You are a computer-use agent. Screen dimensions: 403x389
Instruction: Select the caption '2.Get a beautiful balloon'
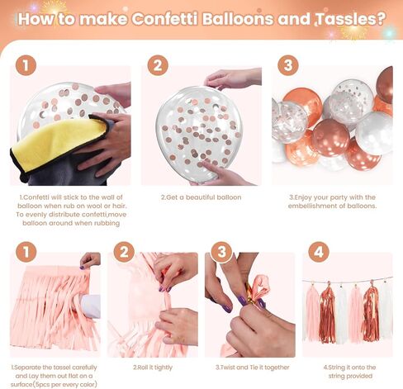[201, 197]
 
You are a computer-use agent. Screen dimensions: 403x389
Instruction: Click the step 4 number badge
[319, 252]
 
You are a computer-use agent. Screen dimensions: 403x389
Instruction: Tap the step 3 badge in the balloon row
[288, 65]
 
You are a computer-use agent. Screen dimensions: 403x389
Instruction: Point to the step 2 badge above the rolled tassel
[124, 252]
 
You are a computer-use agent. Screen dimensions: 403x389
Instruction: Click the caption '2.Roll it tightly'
[153, 368]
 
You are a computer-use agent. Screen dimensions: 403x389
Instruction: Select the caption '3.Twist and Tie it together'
[253, 368]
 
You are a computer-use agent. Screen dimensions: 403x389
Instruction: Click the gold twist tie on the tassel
[248, 292]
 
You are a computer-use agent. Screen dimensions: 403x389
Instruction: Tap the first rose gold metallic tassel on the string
[328, 312]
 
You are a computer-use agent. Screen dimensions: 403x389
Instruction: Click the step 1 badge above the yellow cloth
[26, 65]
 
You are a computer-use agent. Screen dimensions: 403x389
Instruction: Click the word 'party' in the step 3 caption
[339, 197]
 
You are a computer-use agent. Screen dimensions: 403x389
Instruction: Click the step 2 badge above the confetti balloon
[158, 65]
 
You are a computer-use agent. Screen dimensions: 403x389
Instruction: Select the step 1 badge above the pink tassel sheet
[26, 252]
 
